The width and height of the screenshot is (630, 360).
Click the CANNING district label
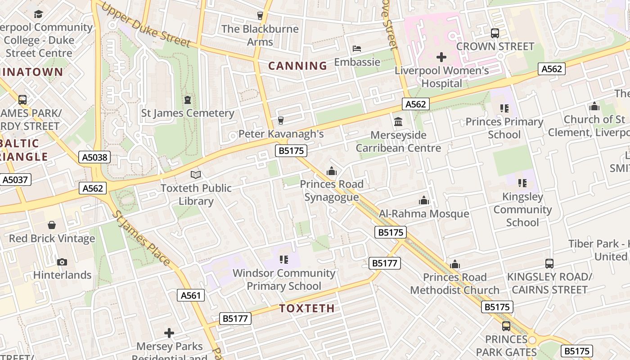tap(297, 66)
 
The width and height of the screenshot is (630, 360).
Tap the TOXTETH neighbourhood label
tap(307, 308)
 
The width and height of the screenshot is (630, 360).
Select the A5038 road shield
tap(94, 157)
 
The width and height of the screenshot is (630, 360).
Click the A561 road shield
tap(191, 295)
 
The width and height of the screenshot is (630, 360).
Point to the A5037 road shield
tap(15, 180)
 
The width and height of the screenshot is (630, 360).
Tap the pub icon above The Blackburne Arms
tap(260, 16)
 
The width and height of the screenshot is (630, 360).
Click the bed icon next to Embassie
tap(356, 49)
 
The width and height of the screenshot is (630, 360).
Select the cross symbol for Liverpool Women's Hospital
tap(441, 57)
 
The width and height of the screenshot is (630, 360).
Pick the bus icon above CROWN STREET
tap(495, 33)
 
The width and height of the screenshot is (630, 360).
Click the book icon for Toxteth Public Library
tap(196, 175)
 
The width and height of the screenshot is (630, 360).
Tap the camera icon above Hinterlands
tap(62, 262)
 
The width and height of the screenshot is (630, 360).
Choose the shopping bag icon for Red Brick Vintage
tap(52, 225)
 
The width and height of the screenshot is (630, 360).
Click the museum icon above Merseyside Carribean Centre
tap(398, 121)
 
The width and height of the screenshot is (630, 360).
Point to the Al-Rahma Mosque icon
tap(423, 200)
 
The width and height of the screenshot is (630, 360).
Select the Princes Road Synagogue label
tap(332, 190)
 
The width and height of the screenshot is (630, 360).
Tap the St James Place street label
tap(141, 239)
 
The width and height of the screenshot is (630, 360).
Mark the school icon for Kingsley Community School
tap(522, 183)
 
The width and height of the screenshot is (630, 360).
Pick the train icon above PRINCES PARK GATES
tap(506, 326)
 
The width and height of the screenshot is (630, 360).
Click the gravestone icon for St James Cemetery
tap(188, 99)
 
